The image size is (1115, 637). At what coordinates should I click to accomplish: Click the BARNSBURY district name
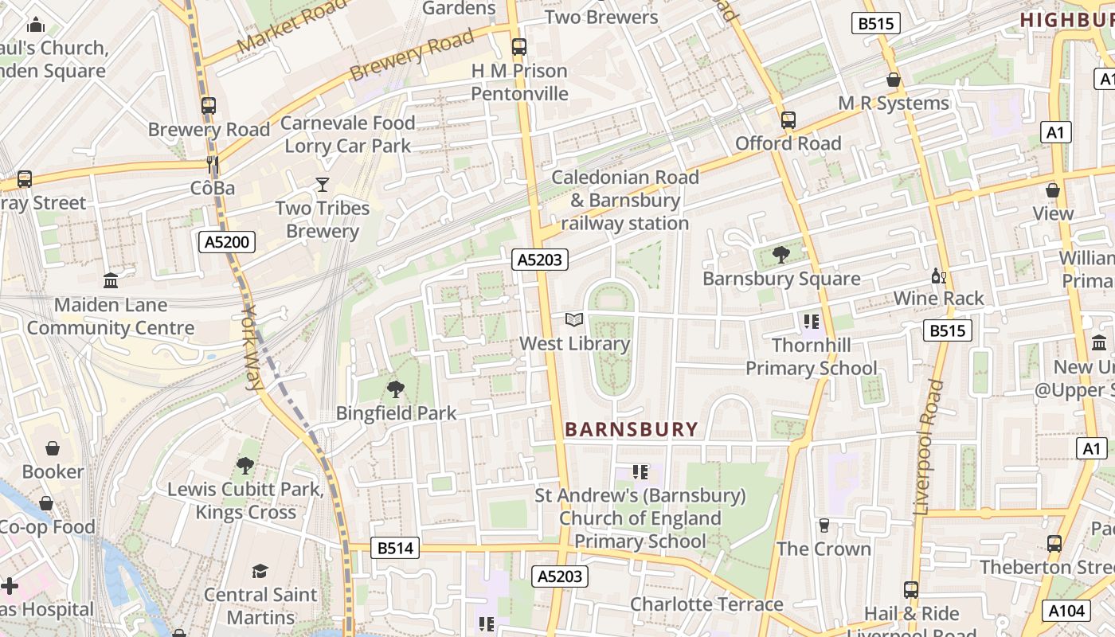pyautogui.click(x=631, y=429)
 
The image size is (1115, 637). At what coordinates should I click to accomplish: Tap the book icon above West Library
pyautogui.click(x=574, y=320)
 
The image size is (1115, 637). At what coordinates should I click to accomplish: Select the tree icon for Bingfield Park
pyautogui.click(x=395, y=389)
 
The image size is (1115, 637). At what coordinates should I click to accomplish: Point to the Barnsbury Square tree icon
pyautogui.click(x=780, y=255)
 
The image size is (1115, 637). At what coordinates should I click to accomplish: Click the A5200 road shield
pyautogui.click(x=227, y=242)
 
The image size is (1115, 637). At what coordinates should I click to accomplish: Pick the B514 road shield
pyautogui.click(x=396, y=548)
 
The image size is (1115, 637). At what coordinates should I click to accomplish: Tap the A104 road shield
pyautogui.click(x=1066, y=611)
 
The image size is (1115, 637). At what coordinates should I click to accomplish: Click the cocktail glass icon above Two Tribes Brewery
pyautogui.click(x=322, y=185)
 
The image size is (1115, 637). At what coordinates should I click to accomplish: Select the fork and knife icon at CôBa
pyautogui.click(x=213, y=165)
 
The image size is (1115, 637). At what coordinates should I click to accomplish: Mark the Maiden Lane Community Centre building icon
pyautogui.click(x=111, y=281)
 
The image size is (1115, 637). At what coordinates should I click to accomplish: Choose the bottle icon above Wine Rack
pyautogui.click(x=939, y=276)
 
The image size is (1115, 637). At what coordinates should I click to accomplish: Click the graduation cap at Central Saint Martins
pyautogui.click(x=260, y=571)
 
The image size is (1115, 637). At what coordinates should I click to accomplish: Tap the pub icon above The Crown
pyautogui.click(x=824, y=526)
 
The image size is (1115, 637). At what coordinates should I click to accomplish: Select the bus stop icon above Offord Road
pyautogui.click(x=788, y=120)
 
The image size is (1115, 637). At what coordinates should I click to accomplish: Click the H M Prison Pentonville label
pyautogui.click(x=519, y=82)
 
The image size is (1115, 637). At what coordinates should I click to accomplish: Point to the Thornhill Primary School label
pyautogui.click(x=811, y=357)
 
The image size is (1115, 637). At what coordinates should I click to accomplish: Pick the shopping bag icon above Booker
pyautogui.click(x=53, y=448)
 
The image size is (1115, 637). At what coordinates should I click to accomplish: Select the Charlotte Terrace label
pyautogui.click(x=706, y=604)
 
